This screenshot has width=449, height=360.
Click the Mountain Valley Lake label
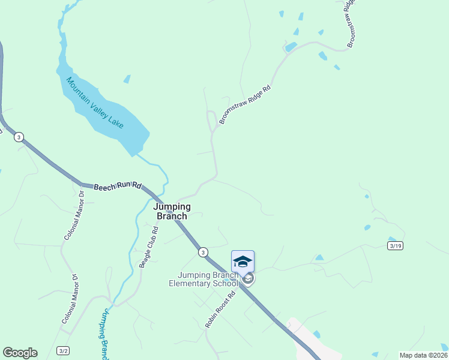(x=94, y=102)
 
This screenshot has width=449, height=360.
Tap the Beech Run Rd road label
(x=117, y=187)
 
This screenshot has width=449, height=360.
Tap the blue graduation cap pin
(x=243, y=262)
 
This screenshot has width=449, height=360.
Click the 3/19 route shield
(x=394, y=245)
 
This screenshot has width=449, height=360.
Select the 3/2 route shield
(x=63, y=350)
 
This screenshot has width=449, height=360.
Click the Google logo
(x=20, y=353)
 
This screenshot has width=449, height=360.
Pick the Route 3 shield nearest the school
(x=203, y=251)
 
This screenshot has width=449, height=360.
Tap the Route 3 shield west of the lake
(x=19, y=137)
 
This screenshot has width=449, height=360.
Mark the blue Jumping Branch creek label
(x=104, y=333)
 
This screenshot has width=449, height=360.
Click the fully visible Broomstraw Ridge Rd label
(x=245, y=104)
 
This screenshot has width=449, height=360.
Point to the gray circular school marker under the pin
(x=248, y=279)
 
